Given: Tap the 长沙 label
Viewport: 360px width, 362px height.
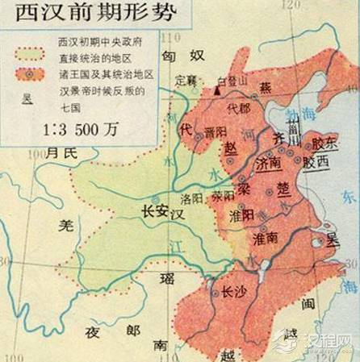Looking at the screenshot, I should tap(233, 293).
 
